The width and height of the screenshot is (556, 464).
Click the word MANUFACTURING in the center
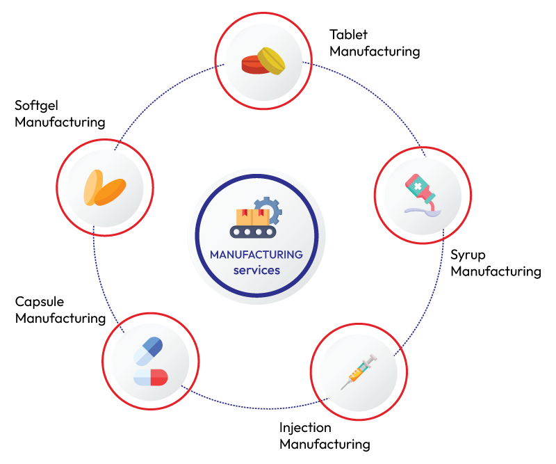coord(256,255)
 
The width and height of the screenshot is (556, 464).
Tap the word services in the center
coord(256,270)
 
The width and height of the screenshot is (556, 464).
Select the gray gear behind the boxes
coord(268,209)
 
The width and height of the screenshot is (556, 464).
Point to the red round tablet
coord(252,65)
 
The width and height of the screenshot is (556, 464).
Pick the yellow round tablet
coord(272,60)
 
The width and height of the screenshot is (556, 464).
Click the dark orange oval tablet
coord(111,192)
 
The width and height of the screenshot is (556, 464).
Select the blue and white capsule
coord(148,350)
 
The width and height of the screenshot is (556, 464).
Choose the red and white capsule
coord(151,378)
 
